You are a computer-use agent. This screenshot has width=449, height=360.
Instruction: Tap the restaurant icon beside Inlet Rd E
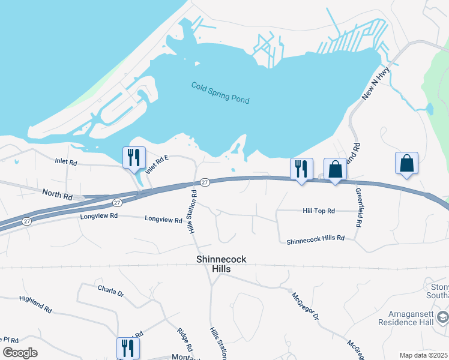click(134, 158)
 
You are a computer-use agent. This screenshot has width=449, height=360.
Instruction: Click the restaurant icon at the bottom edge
click(128, 348)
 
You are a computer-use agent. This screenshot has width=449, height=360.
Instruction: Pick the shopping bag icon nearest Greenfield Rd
click(335, 169)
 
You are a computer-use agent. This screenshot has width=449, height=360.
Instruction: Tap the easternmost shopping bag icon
click(406, 163)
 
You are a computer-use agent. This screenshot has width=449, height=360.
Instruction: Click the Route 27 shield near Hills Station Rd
click(205, 182)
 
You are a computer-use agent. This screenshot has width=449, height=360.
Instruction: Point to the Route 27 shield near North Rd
click(117, 203)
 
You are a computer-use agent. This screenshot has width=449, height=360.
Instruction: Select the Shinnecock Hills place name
click(221, 264)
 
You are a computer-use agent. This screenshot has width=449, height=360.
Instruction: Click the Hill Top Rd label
click(319, 211)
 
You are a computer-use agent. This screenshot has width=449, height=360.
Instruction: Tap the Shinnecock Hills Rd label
click(315, 239)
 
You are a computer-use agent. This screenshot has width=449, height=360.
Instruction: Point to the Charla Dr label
click(110, 291)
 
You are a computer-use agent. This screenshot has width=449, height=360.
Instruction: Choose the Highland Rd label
click(35, 304)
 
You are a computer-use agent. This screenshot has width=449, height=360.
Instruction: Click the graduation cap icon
click(442, 316)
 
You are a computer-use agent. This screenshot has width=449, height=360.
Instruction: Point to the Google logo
click(20, 353)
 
